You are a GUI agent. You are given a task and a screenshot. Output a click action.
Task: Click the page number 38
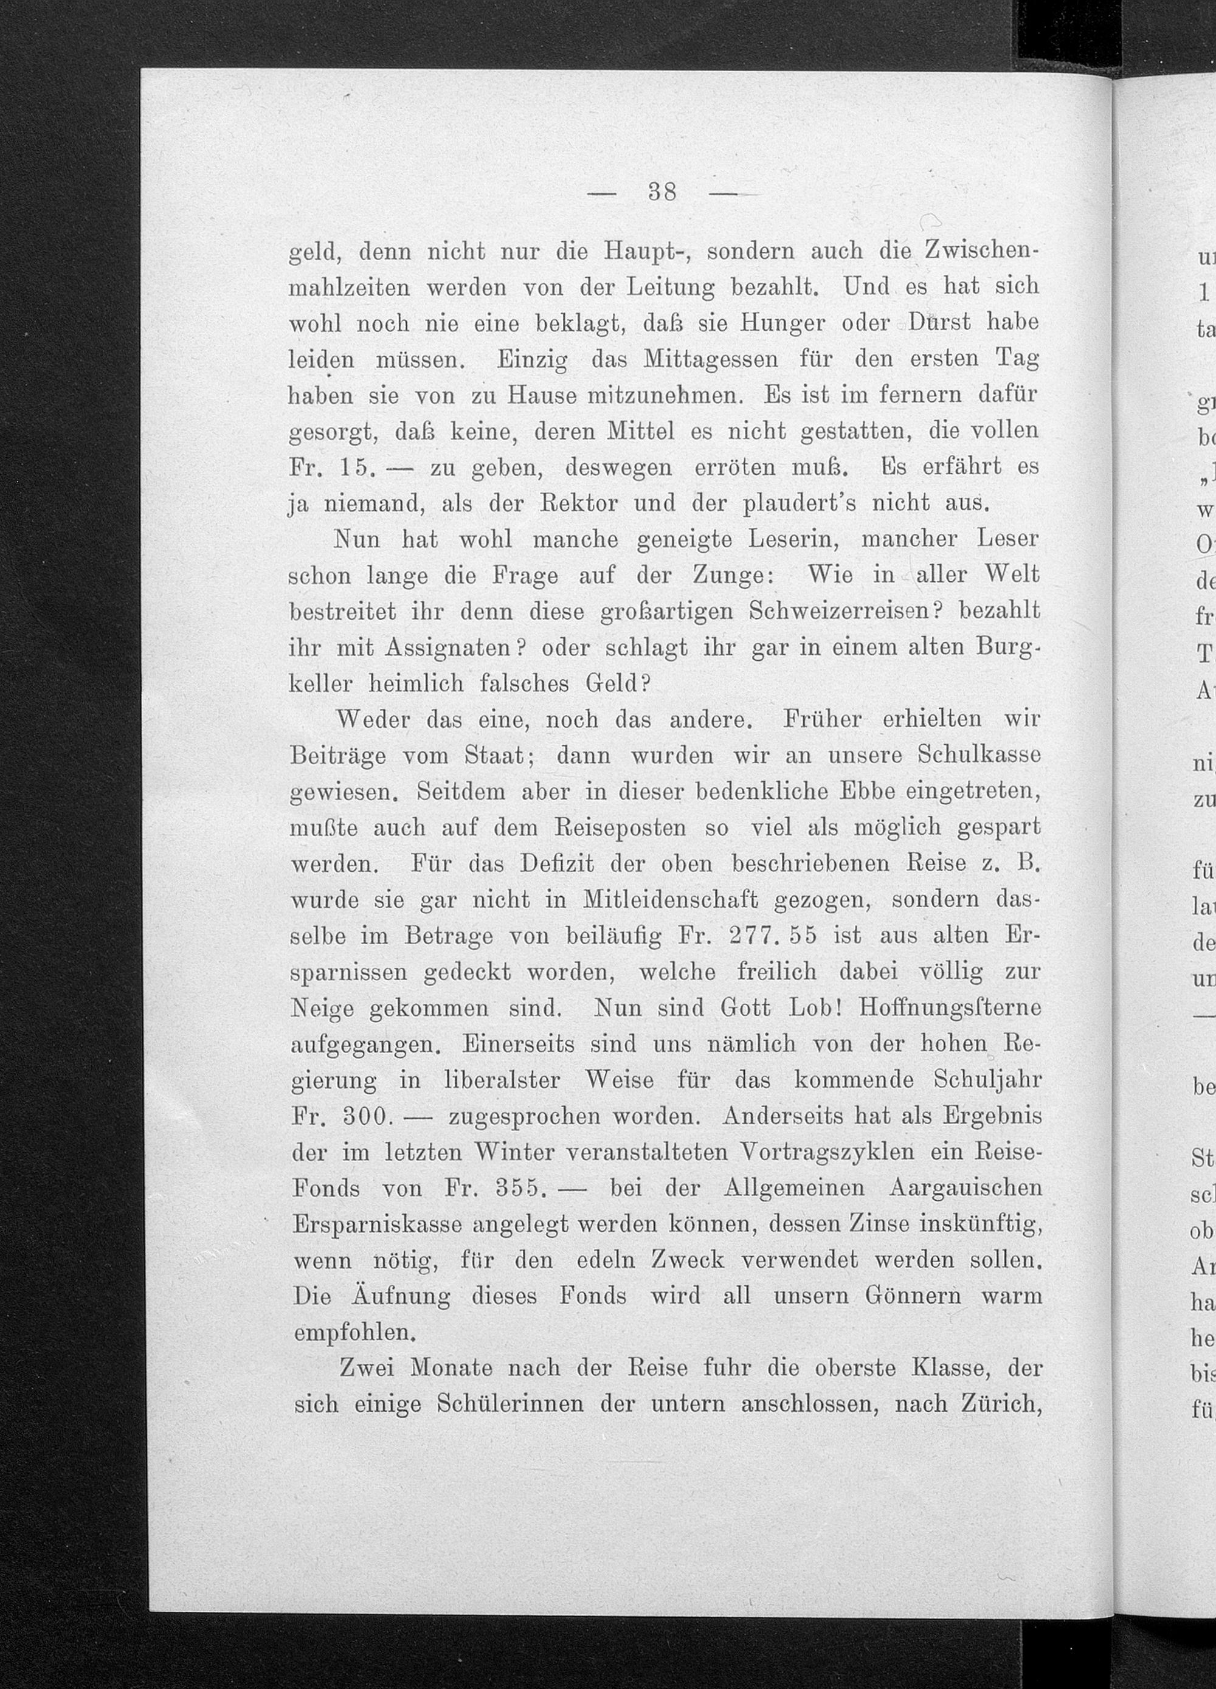click(662, 193)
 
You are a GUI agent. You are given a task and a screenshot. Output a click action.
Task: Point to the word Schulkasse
click(979, 756)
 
